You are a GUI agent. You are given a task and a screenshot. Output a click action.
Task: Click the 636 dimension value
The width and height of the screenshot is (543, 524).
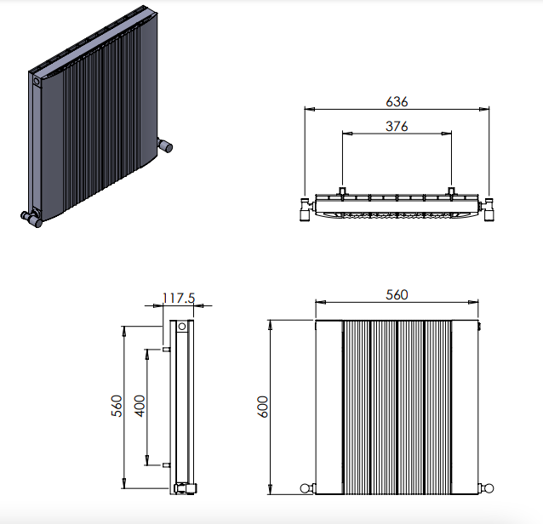[397, 101]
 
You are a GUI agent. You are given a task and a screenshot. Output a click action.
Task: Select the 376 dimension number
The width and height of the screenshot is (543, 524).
[397, 127]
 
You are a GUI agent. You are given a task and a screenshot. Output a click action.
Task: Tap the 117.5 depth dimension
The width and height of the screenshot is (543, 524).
[179, 298]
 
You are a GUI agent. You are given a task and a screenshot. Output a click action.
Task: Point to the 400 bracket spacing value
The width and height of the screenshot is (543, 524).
[140, 406]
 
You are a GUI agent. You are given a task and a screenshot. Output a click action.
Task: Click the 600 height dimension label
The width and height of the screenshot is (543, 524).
[263, 407]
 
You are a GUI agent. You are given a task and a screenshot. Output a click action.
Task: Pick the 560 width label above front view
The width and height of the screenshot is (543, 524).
[397, 295]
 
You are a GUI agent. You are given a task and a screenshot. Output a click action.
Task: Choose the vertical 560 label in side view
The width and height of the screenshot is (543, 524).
[117, 406]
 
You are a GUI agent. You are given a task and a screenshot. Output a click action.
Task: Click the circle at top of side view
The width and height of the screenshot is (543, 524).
[182, 327]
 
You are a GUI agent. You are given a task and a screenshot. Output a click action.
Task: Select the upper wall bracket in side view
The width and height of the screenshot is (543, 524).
[166, 350]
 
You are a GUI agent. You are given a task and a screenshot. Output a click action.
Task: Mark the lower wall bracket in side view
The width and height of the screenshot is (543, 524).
[166, 465]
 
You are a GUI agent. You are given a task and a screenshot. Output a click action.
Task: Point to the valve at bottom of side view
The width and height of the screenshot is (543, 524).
[186, 488]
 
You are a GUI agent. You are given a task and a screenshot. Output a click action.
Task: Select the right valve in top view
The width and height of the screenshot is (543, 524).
[488, 209]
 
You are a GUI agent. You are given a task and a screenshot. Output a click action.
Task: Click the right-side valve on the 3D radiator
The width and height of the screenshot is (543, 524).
[165, 145]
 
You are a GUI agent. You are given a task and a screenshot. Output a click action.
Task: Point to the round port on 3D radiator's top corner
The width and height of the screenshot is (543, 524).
[37, 82]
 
